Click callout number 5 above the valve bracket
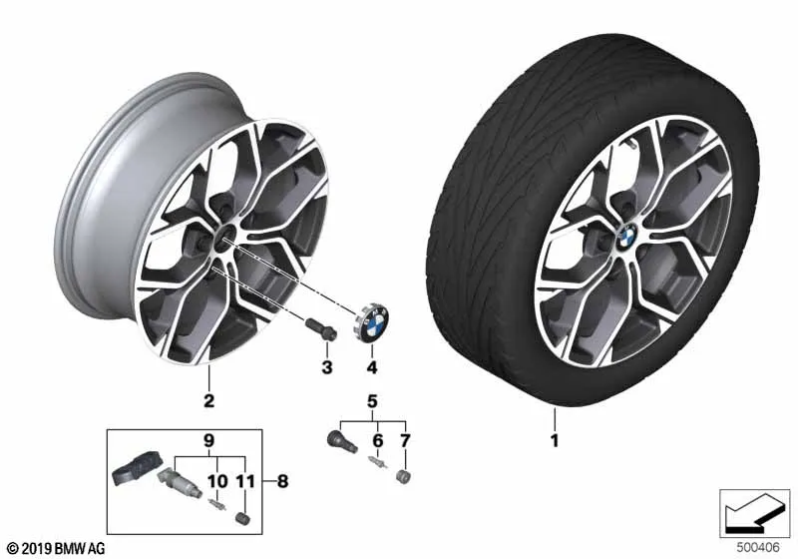[372, 403]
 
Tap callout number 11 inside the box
[243, 481]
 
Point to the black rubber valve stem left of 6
[340, 440]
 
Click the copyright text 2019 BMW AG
[56, 549]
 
